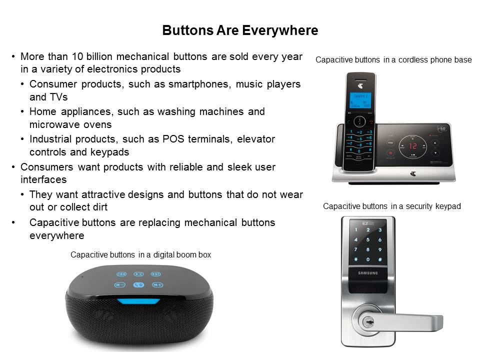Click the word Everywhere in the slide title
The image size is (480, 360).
coord(280,30)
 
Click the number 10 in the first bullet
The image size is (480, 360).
coord(77,56)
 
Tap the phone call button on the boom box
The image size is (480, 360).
coord(138,285)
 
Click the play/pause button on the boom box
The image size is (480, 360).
coord(138,274)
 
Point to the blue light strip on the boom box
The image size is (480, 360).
coord(138,301)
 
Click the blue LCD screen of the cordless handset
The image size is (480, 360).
coord(360,100)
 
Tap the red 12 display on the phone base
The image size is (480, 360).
coord(413,146)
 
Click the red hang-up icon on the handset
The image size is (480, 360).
coord(371,121)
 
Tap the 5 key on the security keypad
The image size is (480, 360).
coord(367,239)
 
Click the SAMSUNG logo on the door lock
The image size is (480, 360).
coord(368,273)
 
